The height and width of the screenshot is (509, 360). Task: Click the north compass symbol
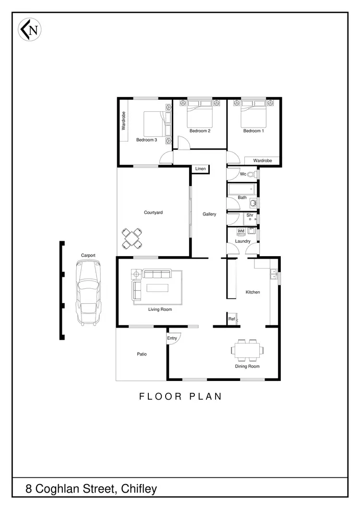pyautogui.click(x=30, y=30)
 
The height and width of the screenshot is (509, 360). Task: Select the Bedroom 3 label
pyautogui.click(x=146, y=140)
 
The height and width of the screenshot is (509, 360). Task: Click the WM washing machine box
pyautogui.click(x=241, y=231)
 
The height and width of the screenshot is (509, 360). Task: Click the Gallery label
pyautogui.click(x=209, y=214)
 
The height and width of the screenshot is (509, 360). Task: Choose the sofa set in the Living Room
pyautogui.click(x=151, y=285)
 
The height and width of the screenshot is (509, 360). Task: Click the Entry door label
pyautogui.click(x=172, y=338)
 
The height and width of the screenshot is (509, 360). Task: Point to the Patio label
pyautogui.click(x=142, y=355)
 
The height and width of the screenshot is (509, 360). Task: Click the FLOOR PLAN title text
pyautogui.click(x=180, y=397)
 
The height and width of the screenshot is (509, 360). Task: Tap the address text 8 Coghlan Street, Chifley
pyautogui.click(x=91, y=489)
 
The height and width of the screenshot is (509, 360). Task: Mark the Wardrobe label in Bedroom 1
pyautogui.click(x=263, y=161)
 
